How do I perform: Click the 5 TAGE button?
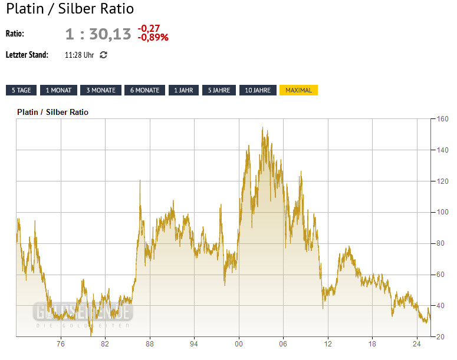coord(21,90)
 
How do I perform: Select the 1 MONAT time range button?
coord(58,90)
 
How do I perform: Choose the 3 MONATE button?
coord(101,90)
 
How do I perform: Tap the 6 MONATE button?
coord(144,90)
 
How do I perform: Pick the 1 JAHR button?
coord(183,90)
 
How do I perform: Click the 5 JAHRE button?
coord(219,90)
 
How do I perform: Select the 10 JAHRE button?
coord(258,90)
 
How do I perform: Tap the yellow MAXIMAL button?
coord(298,90)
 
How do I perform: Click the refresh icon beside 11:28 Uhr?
coord(104,55)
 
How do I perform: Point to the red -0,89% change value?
coord(153,37)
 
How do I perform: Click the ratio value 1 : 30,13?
coord(98,34)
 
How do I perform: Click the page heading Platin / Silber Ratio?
coord(70,9)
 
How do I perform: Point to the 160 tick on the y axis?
coord(442,119)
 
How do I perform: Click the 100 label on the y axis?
coord(442,212)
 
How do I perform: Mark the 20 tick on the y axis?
coord(440,336)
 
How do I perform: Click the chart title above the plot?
coord(53,112)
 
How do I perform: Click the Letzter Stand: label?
coord(27,55)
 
